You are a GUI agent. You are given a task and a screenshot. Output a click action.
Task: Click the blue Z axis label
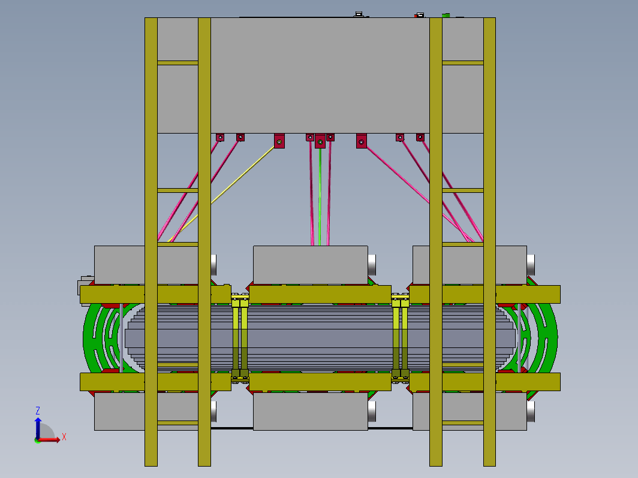pos(37,410)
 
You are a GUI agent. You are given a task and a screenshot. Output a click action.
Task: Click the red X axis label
pos(64,437)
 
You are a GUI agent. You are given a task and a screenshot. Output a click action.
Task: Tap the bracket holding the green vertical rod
pos(320,141)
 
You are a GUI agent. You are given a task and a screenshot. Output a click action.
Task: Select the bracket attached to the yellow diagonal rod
pos(279,141)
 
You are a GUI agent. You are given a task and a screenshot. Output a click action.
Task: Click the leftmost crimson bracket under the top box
pos(220,137)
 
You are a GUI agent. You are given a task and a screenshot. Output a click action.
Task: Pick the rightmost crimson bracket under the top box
pos(420,137)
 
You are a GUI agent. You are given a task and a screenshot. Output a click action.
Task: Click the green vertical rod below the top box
pos(320,197)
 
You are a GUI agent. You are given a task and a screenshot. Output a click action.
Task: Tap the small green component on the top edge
pos(446,16)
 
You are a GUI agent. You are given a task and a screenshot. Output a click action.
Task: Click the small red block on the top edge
pos(416,16)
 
